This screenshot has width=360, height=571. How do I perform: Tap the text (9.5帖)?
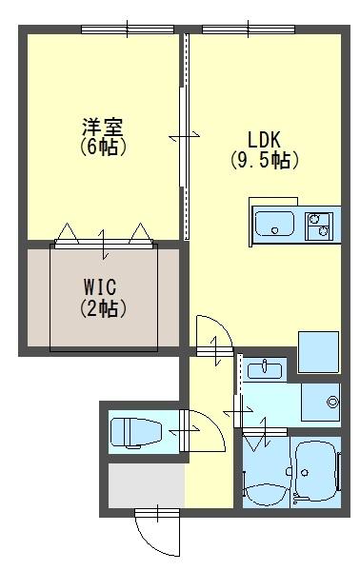pos(264,160)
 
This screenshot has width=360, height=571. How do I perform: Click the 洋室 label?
pos(103,127)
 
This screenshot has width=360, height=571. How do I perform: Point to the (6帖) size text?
pos(103,148)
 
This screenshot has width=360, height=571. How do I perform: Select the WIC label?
pos(103,286)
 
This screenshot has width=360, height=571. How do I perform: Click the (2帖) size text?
pos(103,307)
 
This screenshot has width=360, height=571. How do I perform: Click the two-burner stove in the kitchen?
pos(318,226)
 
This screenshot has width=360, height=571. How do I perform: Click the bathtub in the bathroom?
pos(315,471)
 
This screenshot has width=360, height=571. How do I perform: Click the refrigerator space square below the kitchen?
pos(318,351)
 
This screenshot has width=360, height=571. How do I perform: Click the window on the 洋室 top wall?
pos(120,30)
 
